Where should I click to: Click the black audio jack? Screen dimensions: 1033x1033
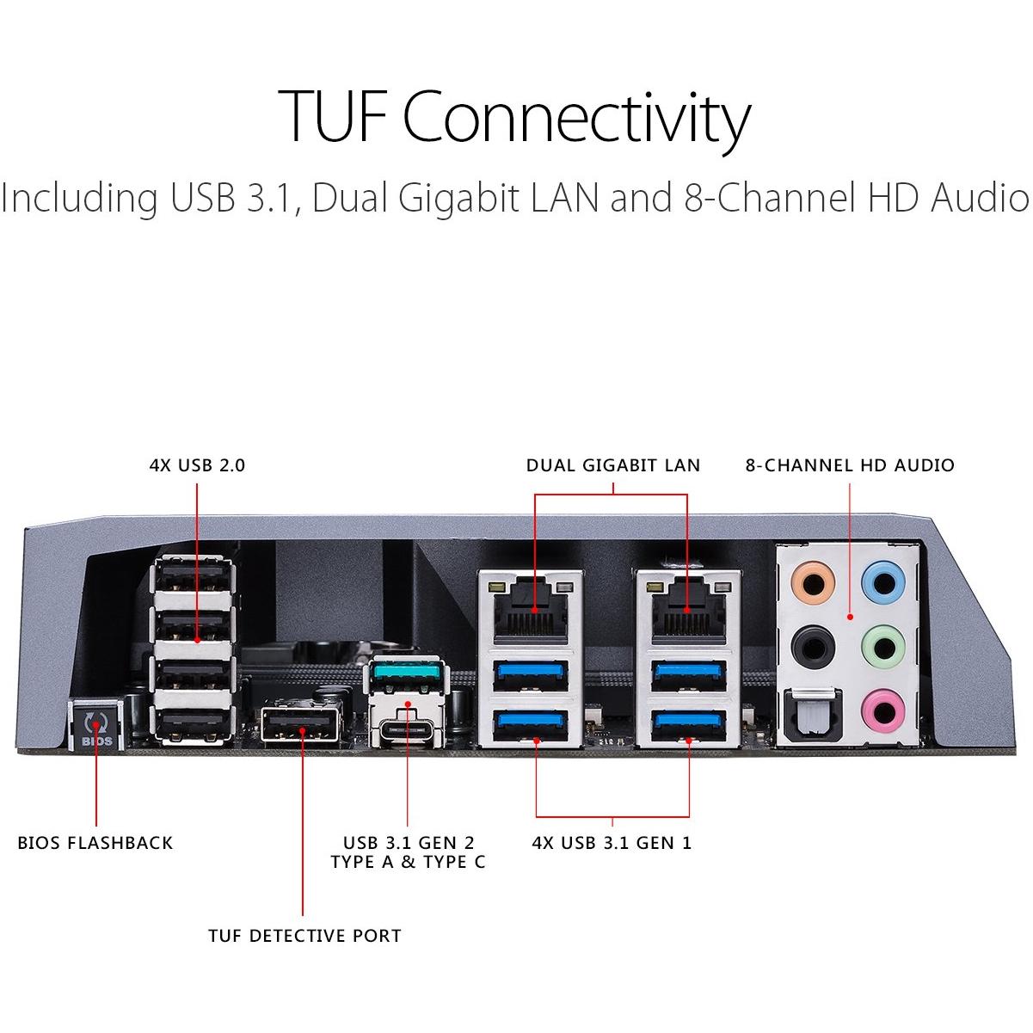812,643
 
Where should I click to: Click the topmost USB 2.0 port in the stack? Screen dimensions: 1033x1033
195,577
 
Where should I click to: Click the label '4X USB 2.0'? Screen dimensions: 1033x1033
197,465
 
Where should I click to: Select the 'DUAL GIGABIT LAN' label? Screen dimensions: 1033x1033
613,465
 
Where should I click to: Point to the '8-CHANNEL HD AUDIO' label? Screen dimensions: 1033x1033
850,465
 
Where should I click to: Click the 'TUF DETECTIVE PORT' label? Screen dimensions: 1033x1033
304,936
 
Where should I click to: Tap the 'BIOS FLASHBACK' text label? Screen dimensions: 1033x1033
95,843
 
